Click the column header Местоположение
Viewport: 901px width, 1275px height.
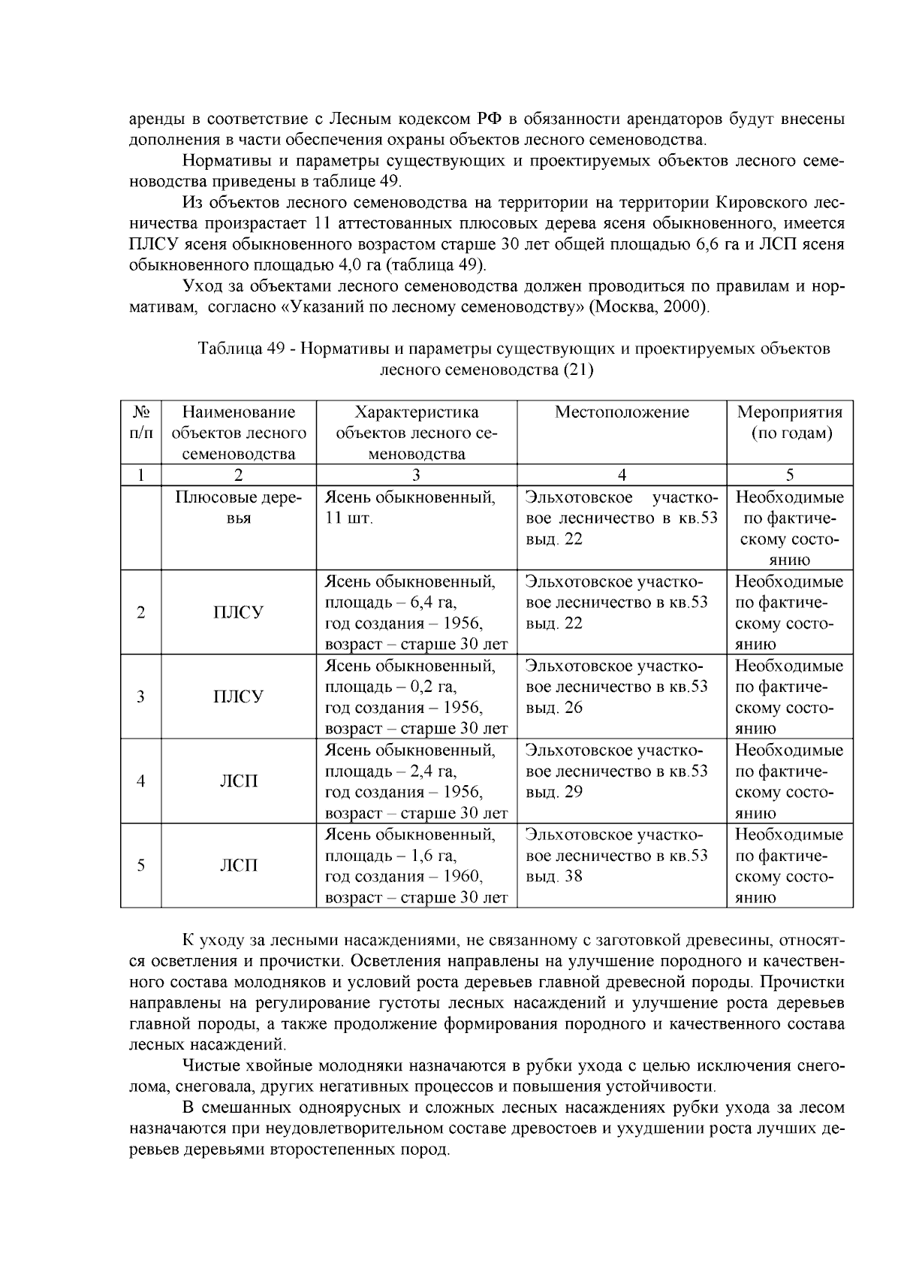click(x=622, y=412)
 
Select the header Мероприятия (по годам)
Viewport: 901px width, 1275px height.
click(x=790, y=422)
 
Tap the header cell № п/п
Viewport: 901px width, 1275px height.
click(x=141, y=422)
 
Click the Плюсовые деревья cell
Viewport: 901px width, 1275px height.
click(x=239, y=508)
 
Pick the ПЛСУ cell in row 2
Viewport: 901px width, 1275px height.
click(x=239, y=612)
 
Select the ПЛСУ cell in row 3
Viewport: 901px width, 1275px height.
click(x=239, y=696)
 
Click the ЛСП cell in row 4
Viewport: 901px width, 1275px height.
click(x=239, y=781)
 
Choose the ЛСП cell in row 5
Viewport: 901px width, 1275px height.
click(x=239, y=866)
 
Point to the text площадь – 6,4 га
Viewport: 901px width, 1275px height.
click(x=390, y=603)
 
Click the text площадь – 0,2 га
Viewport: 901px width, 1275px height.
click(x=390, y=687)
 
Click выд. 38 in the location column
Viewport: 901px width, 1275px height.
click(x=554, y=877)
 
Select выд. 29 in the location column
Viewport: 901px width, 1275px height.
click(x=554, y=792)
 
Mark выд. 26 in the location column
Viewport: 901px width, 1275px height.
click(x=554, y=708)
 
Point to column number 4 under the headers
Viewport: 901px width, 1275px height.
click(x=622, y=475)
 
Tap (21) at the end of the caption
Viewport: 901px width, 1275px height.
click(x=578, y=370)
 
